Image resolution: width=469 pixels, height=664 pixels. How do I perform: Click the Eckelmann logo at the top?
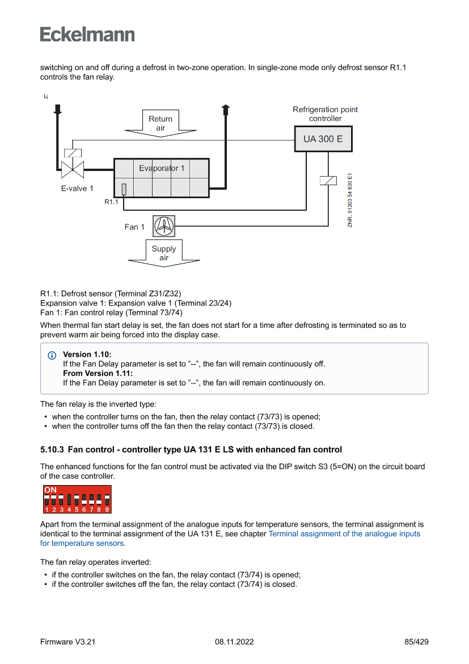(x=87, y=34)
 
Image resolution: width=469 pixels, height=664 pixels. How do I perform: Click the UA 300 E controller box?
(x=323, y=139)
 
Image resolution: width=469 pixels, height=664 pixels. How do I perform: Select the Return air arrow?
(x=160, y=124)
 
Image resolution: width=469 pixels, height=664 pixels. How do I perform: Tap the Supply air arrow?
(x=164, y=254)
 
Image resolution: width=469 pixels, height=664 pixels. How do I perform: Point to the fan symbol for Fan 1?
(x=164, y=226)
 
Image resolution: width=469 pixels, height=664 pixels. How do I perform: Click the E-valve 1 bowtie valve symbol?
(x=73, y=168)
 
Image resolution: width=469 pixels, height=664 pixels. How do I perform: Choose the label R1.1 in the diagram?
(x=111, y=202)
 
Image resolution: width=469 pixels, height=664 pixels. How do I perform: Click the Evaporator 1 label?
(x=162, y=168)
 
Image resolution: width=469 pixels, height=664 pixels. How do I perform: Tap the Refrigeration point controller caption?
(x=325, y=114)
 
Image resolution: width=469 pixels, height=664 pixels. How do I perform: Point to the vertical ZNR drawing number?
(x=350, y=201)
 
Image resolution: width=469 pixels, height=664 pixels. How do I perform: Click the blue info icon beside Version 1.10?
(x=52, y=355)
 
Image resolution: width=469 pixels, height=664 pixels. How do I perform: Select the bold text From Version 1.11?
(x=98, y=373)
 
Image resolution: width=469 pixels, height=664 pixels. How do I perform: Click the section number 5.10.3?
(x=52, y=450)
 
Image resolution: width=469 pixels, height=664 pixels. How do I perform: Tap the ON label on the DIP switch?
(x=50, y=490)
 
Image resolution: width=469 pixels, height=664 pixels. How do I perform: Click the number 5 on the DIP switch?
(x=76, y=510)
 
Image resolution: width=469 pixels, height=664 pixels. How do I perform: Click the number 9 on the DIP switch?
(x=107, y=510)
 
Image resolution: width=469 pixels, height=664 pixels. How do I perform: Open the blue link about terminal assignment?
(x=344, y=534)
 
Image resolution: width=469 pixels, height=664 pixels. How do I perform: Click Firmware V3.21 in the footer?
(x=68, y=642)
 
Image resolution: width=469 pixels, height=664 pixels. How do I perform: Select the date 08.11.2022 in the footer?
(x=234, y=642)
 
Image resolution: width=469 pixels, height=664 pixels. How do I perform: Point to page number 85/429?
(x=416, y=642)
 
